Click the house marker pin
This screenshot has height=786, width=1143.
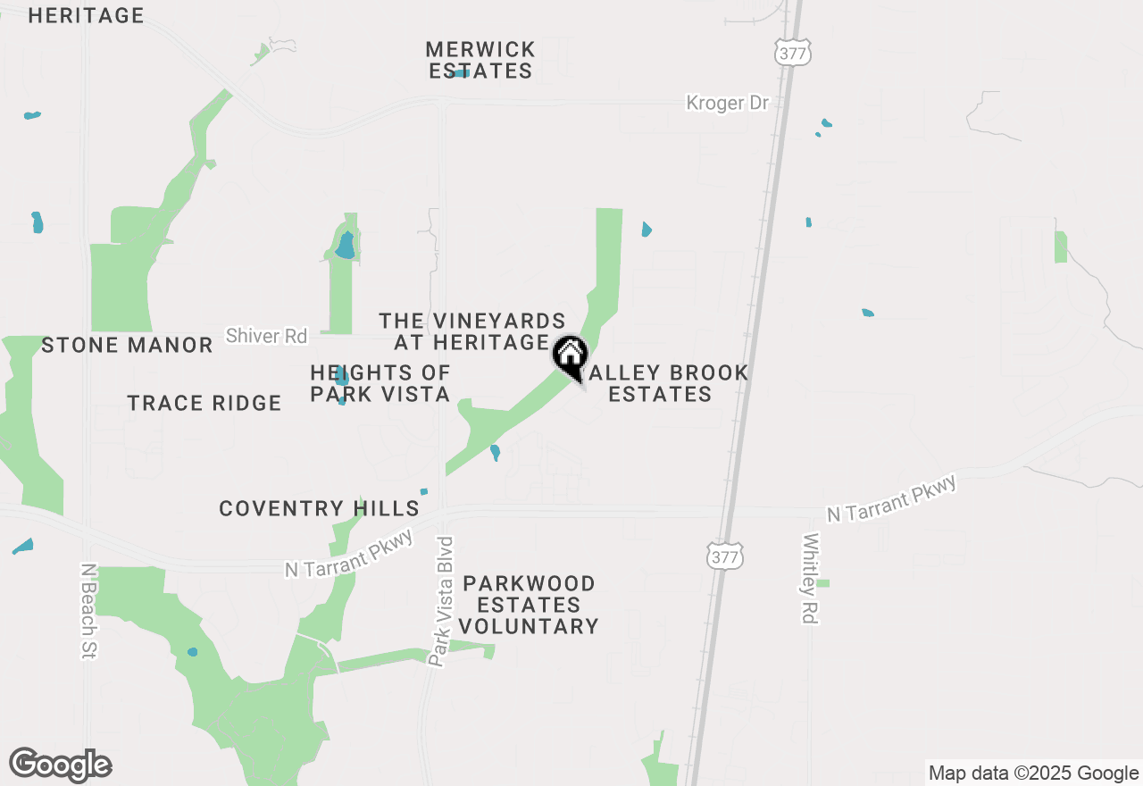tap(570, 355)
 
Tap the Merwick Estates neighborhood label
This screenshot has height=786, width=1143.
tap(480, 60)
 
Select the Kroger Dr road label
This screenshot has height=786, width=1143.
tap(727, 104)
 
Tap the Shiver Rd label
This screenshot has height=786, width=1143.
tap(266, 336)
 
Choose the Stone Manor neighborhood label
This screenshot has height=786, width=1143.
tap(127, 345)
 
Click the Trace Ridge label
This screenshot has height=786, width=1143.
tap(204, 404)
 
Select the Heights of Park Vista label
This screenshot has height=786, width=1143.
tap(380, 383)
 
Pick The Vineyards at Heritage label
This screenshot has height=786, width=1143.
tap(472, 331)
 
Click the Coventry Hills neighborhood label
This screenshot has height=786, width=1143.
tap(319, 509)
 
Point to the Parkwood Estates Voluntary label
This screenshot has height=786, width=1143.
tap(530, 605)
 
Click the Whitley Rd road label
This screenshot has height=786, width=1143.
tap(811, 579)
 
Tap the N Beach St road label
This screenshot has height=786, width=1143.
tap(88, 611)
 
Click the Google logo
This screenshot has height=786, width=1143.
tap(61, 765)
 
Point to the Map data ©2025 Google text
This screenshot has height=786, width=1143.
tap(1032, 773)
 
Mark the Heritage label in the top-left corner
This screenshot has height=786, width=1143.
tap(86, 15)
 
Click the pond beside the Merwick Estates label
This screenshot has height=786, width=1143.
tap(461, 73)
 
